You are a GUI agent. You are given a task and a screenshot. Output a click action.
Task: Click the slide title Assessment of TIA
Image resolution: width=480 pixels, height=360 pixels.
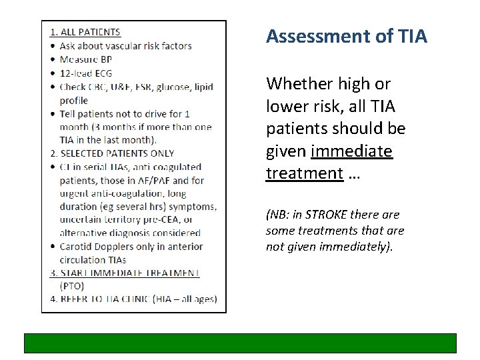click(x=346, y=36)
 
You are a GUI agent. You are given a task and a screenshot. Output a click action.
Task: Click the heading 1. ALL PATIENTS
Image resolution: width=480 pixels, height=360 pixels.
click(x=85, y=32)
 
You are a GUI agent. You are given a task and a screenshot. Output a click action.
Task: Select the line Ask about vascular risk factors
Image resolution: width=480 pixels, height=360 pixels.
click(x=125, y=46)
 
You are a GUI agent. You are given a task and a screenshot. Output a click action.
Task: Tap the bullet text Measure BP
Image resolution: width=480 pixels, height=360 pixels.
click(x=88, y=59)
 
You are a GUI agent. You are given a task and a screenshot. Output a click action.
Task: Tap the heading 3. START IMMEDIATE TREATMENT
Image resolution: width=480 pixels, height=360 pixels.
click(x=125, y=273)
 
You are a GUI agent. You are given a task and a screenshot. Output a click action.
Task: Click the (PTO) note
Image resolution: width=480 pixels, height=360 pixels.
click(x=71, y=285)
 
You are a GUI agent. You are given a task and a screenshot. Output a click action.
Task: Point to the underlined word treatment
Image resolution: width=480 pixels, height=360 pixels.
click(x=304, y=174)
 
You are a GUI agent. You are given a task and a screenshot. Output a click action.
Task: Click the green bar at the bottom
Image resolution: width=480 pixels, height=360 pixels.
click(x=240, y=343)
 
